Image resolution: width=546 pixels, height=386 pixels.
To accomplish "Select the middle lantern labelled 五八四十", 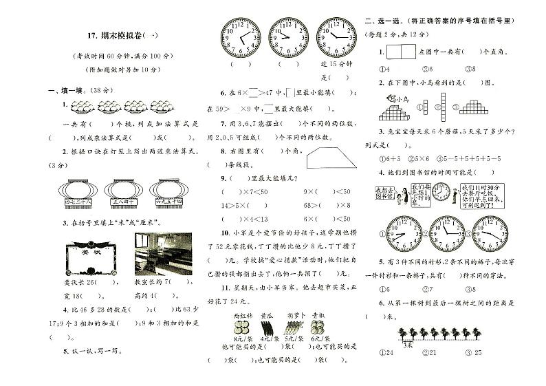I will (x=124, y=193).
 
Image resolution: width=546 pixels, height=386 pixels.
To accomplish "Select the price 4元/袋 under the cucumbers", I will (x=269, y=339).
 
